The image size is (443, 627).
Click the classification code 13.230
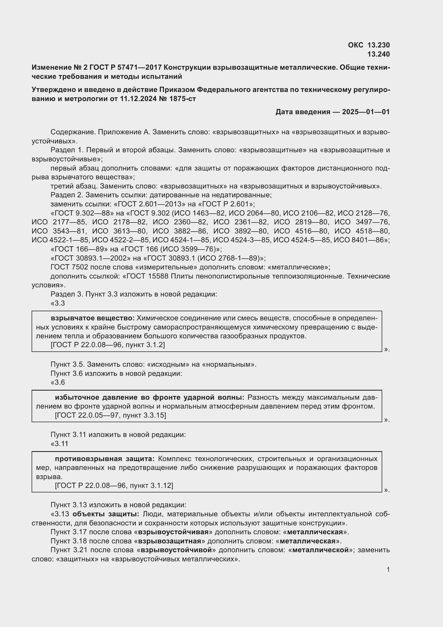[x=378, y=45]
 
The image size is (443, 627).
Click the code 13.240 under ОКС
[x=378, y=54]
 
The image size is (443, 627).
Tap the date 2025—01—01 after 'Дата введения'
[x=366, y=112]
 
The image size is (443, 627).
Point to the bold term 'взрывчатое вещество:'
[x=92, y=318]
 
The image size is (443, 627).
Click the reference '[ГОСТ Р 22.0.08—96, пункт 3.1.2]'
[x=108, y=345]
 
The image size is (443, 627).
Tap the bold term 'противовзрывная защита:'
[x=105, y=458]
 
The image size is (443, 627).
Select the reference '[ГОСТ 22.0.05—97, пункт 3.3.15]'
[x=110, y=415]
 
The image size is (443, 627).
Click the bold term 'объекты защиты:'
[x=106, y=514]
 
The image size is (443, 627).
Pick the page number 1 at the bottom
[x=388, y=569]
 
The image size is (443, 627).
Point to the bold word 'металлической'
[x=321, y=550]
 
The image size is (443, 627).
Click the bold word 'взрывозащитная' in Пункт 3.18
[x=169, y=541]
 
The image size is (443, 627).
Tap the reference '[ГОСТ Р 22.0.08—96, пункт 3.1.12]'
[x=114, y=485]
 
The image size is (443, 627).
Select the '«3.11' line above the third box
[x=59, y=443]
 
